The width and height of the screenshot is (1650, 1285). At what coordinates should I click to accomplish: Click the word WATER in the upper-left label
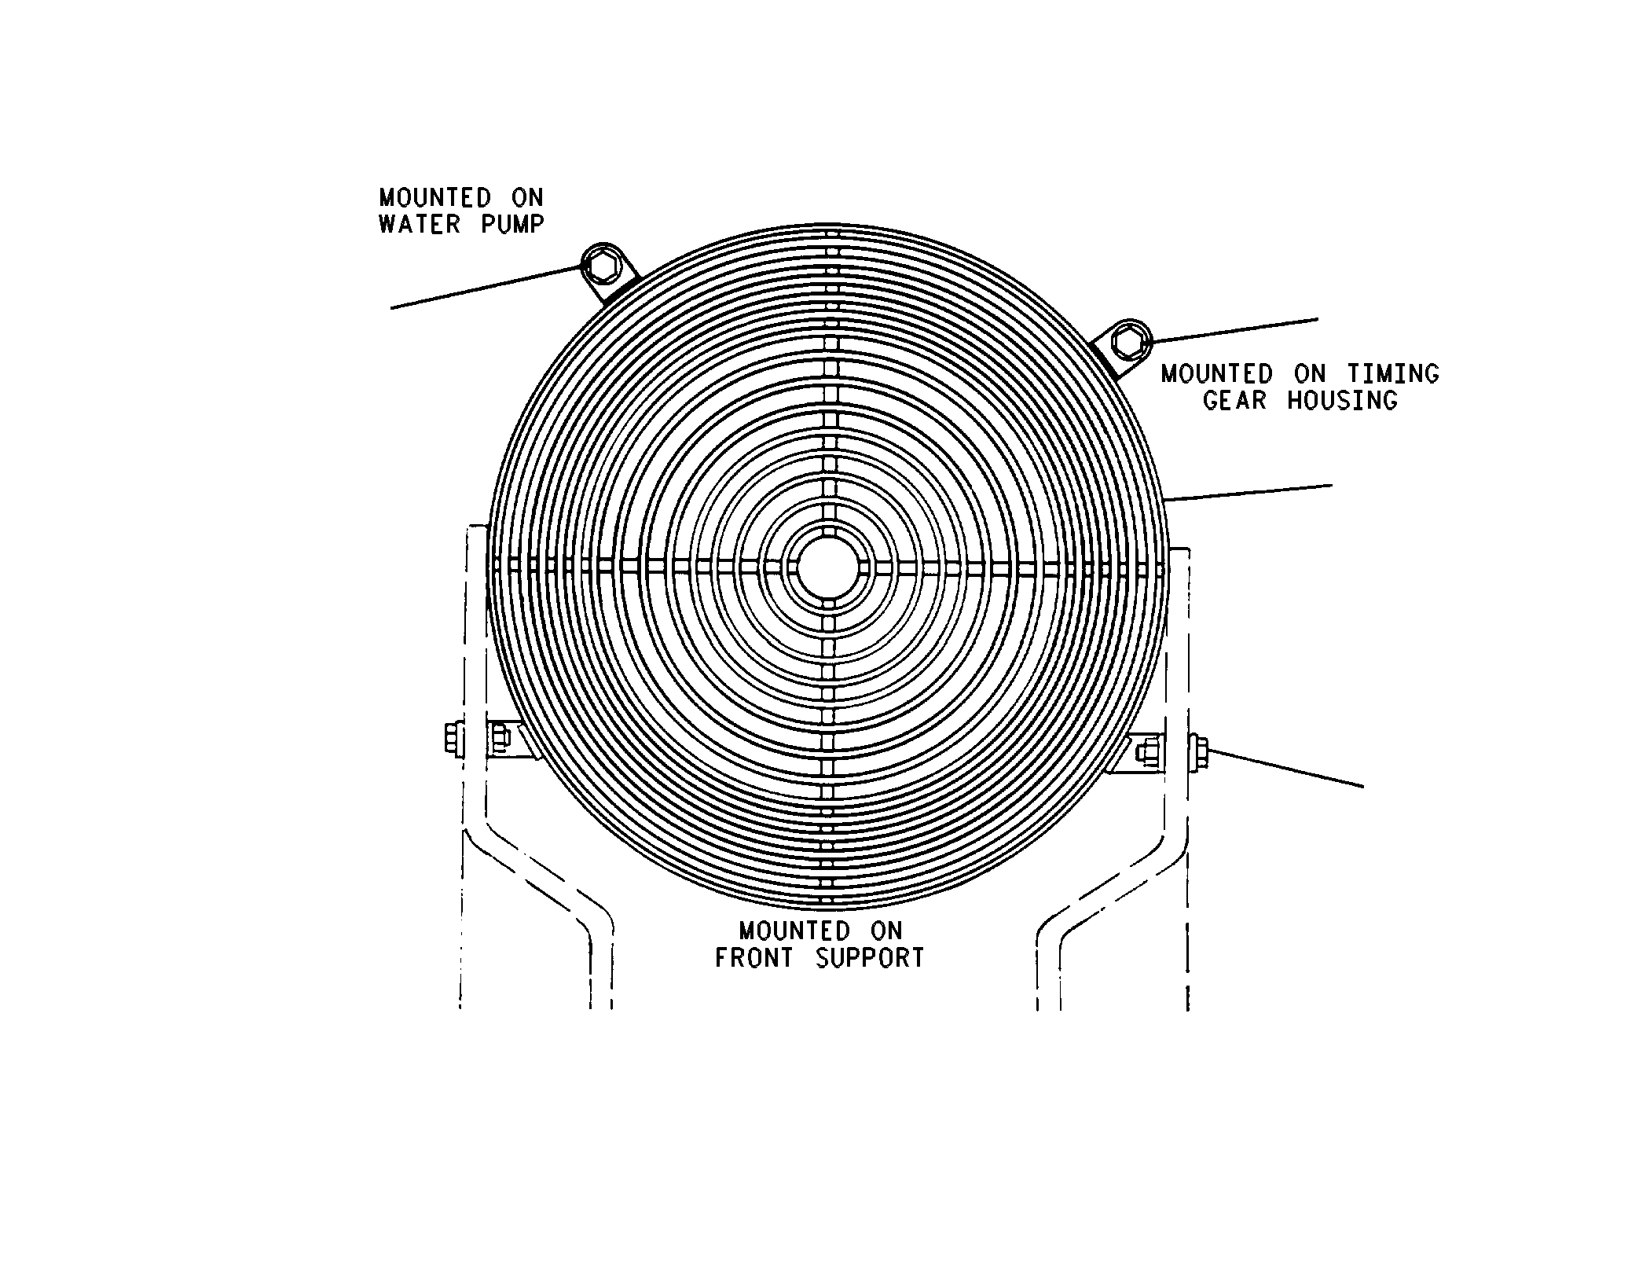(419, 224)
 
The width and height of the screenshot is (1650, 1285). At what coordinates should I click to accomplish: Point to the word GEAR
(1234, 401)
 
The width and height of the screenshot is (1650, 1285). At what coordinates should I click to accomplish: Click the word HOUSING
(1343, 401)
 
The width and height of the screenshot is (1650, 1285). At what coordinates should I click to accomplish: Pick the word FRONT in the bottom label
(753, 958)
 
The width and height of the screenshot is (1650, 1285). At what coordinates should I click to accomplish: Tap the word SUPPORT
(870, 958)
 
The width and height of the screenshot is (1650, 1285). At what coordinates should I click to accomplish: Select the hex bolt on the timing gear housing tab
(1129, 340)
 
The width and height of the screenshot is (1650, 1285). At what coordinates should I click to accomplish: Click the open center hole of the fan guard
(826, 567)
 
